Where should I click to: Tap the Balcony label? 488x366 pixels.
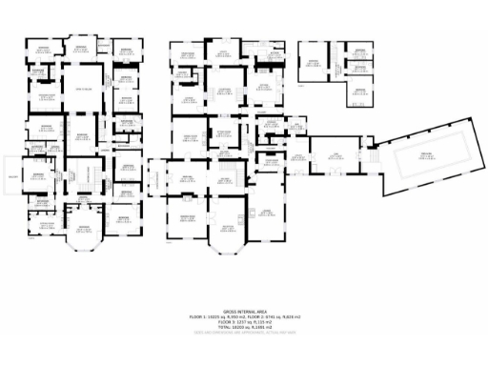(x=13, y=175)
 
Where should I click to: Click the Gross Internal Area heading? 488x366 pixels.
(x=242, y=310)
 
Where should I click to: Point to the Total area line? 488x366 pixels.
(x=242, y=326)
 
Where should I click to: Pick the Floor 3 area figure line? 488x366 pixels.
(x=242, y=320)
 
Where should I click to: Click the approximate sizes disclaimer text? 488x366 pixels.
(x=242, y=332)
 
